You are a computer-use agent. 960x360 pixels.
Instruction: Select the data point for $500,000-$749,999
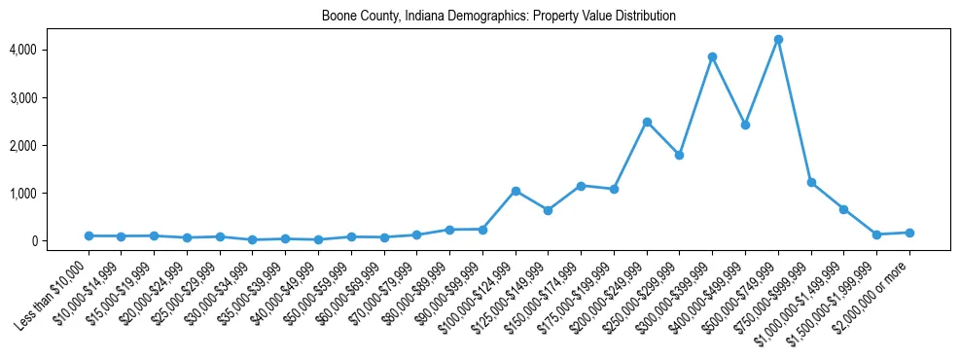coord(778,40)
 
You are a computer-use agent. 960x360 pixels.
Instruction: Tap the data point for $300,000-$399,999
coord(712,56)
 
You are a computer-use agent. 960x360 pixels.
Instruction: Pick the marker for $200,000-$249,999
coord(647,122)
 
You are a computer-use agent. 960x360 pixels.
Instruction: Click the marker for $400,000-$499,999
coord(745,125)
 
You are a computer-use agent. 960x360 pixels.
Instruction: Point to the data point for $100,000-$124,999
coord(516,191)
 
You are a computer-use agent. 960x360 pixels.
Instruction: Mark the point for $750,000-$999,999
coord(811,182)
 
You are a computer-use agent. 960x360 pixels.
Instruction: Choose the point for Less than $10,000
coord(89,235)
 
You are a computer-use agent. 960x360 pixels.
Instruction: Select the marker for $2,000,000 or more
coord(909,233)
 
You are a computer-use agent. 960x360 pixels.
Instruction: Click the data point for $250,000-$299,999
coord(679,155)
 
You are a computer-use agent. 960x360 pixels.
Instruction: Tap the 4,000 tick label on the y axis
coord(51,50)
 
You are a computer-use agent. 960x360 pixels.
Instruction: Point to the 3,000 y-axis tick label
coord(51,97)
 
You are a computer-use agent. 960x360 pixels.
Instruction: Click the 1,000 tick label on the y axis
coord(51,194)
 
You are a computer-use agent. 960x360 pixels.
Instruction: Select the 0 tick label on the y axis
coord(59,241)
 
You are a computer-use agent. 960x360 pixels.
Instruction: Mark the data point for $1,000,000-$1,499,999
coord(844,209)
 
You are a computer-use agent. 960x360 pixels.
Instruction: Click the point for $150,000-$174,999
coord(581,186)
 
